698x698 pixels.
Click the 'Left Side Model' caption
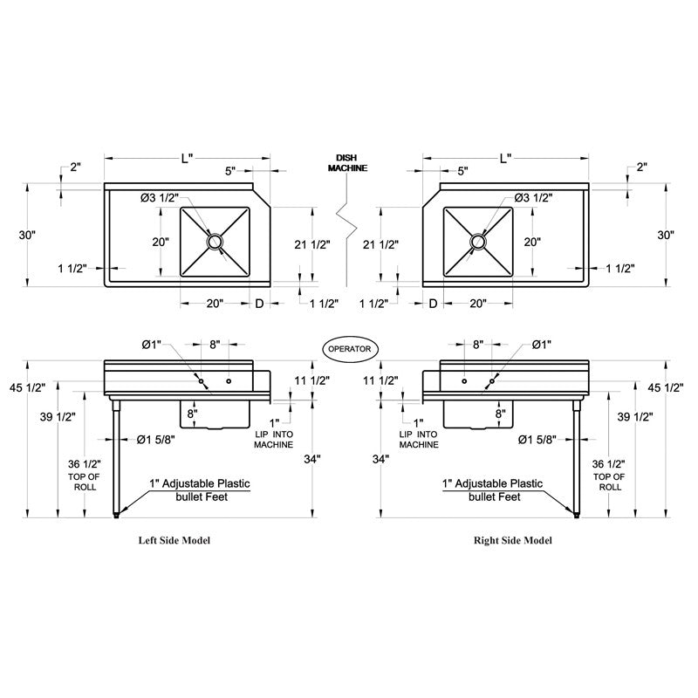[x=174, y=540]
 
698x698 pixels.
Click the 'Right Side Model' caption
[x=512, y=540]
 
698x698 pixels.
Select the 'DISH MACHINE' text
[x=347, y=162]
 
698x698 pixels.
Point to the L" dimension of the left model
[x=187, y=158]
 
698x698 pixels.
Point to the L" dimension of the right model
[x=506, y=158]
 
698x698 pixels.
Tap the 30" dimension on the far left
[x=29, y=235]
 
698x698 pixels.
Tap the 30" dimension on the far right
[x=666, y=235]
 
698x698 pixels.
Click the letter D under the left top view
[x=258, y=303]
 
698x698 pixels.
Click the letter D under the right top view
[x=433, y=303]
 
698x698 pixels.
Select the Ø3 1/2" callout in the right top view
[x=532, y=198]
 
